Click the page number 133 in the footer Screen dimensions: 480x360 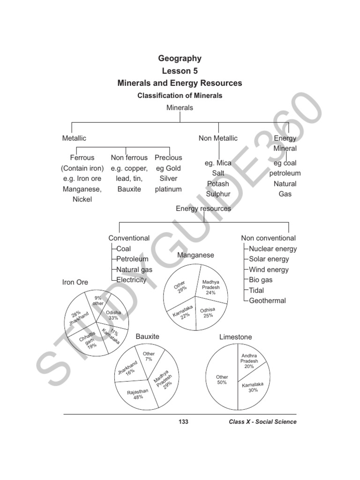[x=183, y=422]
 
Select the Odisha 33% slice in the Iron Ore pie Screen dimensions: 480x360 [x=113, y=315]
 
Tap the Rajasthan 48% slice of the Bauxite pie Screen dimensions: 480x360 [x=138, y=394]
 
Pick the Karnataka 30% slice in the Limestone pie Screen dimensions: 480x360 [x=253, y=387]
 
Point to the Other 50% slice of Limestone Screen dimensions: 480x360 [x=222, y=380]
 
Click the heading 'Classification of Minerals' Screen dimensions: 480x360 [x=180, y=95]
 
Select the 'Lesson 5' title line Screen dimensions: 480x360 [x=180, y=71]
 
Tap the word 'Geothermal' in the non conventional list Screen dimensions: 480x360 [x=267, y=300]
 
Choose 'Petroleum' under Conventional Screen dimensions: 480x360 [x=132, y=259]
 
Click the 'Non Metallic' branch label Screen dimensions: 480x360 [x=218, y=138]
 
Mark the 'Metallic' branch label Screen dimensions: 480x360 [x=74, y=138]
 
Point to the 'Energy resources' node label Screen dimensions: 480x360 [x=203, y=209]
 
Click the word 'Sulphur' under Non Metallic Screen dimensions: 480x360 [x=218, y=194]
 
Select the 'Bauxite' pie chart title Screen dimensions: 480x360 [x=147, y=337]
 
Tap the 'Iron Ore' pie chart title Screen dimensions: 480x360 [x=75, y=282]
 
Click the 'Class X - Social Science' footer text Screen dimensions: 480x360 [x=262, y=422]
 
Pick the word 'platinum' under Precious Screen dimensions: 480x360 [x=168, y=189]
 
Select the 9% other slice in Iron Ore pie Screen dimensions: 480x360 [x=98, y=300]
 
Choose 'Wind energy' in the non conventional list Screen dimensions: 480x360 [x=269, y=270]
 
